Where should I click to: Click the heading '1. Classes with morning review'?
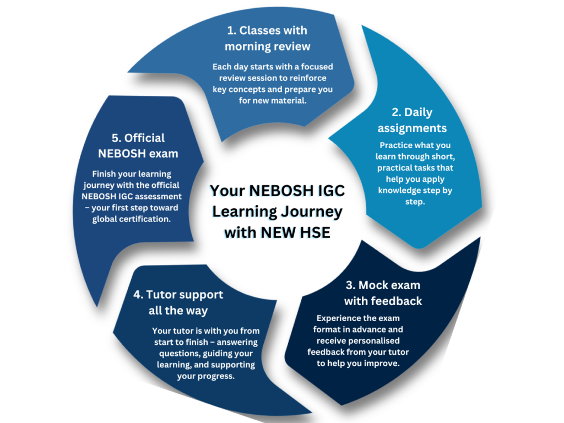tap(267, 39)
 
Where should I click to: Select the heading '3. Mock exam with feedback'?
tap(383, 293)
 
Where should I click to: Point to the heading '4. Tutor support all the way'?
tap(178, 302)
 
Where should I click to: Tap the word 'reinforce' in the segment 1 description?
tap(316, 78)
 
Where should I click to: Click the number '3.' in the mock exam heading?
tap(350, 285)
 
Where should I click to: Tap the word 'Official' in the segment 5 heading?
tap(144, 138)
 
